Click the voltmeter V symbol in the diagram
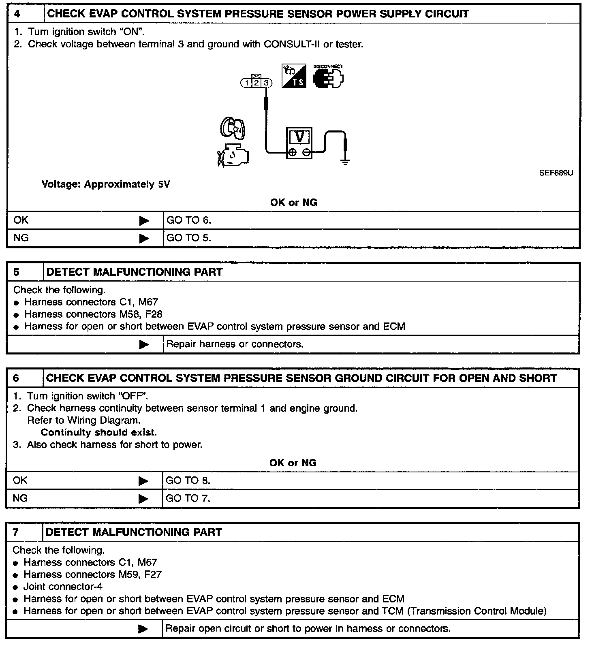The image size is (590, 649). click(x=299, y=138)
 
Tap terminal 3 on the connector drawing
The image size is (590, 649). click(x=266, y=83)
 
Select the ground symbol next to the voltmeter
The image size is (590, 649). click(x=345, y=162)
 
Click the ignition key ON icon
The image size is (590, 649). click(x=233, y=128)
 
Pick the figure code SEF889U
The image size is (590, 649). click(x=556, y=173)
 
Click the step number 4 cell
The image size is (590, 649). click(x=25, y=14)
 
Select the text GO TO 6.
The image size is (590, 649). click(x=189, y=220)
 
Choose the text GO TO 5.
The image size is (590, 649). click(x=189, y=238)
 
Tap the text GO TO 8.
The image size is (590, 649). click(x=188, y=480)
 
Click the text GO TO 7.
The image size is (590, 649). click(x=188, y=498)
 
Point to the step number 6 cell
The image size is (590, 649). click(x=24, y=378)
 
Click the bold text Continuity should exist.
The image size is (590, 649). click(x=99, y=433)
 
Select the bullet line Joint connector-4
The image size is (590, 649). click(x=63, y=587)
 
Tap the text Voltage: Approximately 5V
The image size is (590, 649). click(x=106, y=185)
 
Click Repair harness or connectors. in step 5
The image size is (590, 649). click(x=235, y=344)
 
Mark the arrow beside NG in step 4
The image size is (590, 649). click(x=144, y=238)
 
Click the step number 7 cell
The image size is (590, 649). click(x=24, y=532)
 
